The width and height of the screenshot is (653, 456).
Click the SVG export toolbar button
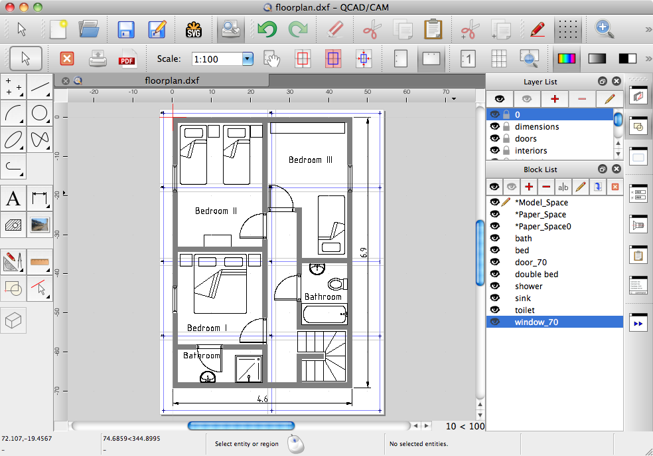(x=193, y=29)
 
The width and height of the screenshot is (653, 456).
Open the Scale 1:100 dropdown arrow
(x=248, y=59)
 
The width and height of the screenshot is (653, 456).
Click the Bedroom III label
(x=310, y=160)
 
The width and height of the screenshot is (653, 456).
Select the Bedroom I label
(x=207, y=328)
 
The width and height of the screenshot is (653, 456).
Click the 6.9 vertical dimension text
(x=362, y=252)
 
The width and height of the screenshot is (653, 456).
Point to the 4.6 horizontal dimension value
(x=262, y=399)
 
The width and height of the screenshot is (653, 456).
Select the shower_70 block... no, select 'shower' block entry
(x=528, y=286)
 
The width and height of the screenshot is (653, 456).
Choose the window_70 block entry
(x=536, y=322)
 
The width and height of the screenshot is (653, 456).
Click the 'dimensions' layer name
(x=537, y=127)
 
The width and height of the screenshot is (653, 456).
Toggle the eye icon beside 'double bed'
(x=494, y=275)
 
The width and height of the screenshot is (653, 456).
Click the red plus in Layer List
(x=555, y=98)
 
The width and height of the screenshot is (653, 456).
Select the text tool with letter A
(x=13, y=198)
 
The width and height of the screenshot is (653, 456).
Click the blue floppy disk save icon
(x=126, y=29)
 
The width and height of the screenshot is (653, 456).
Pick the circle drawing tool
(x=40, y=113)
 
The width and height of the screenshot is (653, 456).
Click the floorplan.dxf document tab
(x=171, y=80)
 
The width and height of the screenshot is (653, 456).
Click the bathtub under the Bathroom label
(x=325, y=314)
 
